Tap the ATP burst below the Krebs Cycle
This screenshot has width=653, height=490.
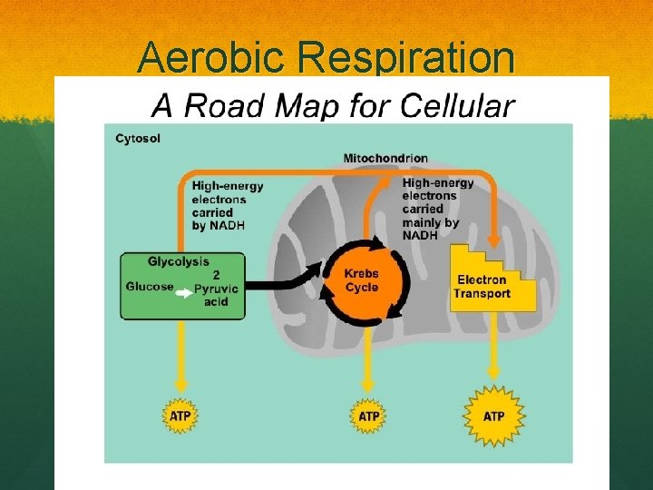[368, 416]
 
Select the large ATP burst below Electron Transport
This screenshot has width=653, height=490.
[493, 416]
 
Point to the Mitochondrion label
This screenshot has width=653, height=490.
[385, 159]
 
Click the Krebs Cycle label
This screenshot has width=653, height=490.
[362, 280]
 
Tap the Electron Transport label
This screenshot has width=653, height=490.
[482, 287]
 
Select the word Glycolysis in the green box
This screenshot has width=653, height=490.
[179, 261]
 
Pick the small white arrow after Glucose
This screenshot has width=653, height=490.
[183, 293]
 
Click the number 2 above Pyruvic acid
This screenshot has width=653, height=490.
[216, 274]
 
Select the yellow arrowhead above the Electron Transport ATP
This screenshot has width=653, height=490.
[494, 372]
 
